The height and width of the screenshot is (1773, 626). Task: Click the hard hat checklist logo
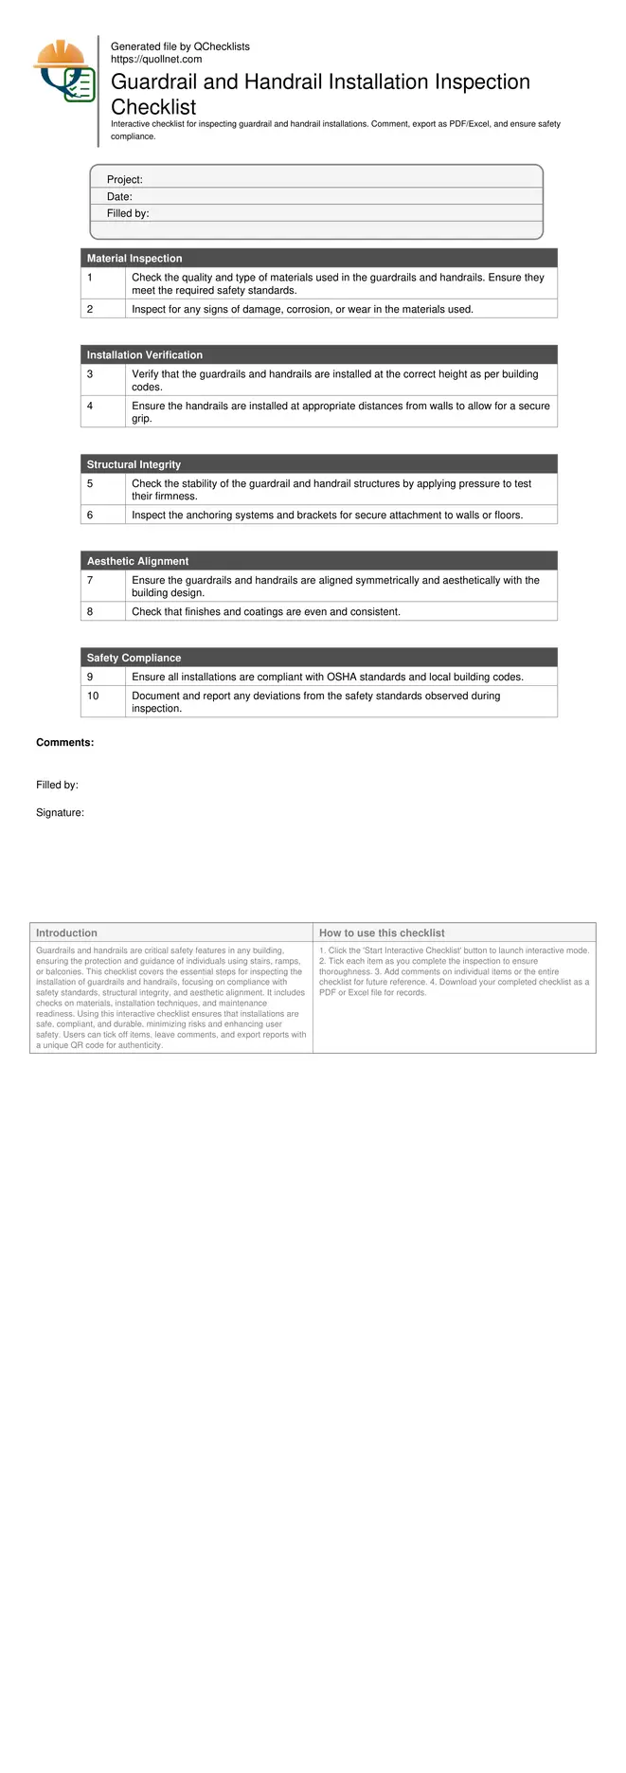[64, 72]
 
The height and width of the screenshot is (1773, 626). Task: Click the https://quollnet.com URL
[156, 59]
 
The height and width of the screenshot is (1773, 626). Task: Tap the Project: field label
[124, 180]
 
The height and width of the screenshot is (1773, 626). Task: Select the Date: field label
[119, 197]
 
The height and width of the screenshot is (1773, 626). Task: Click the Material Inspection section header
[134, 259]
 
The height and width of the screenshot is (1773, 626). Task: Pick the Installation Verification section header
[145, 355]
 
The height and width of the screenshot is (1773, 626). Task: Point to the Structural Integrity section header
[134, 464]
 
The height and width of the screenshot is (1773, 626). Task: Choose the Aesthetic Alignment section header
[137, 561]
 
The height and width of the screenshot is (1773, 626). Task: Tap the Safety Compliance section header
[134, 658]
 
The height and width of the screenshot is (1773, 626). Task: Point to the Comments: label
[64, 743]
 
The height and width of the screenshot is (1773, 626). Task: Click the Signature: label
[60, 813]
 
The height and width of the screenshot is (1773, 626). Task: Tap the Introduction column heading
[66, 933]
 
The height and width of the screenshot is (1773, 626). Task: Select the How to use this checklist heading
[382, 933]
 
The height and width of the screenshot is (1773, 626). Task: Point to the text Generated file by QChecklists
[180, 46]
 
